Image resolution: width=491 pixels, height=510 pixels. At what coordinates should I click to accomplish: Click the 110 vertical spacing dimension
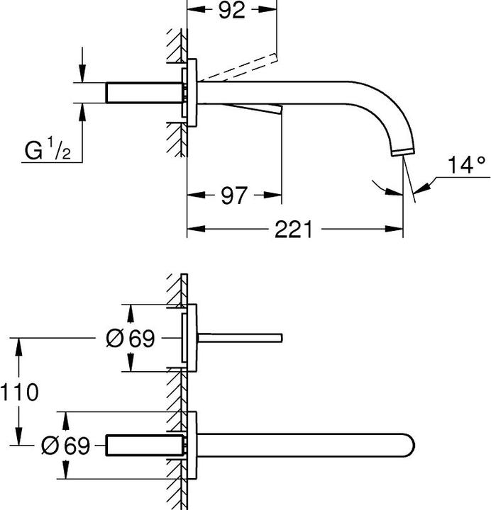pyautogui.click(x=19, y=392)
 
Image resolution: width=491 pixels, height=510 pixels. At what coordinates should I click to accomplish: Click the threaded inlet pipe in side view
pyautogui.click(x=142, y=93)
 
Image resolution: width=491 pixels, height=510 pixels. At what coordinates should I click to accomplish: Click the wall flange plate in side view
pyautogui.click(x=190, y=93)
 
